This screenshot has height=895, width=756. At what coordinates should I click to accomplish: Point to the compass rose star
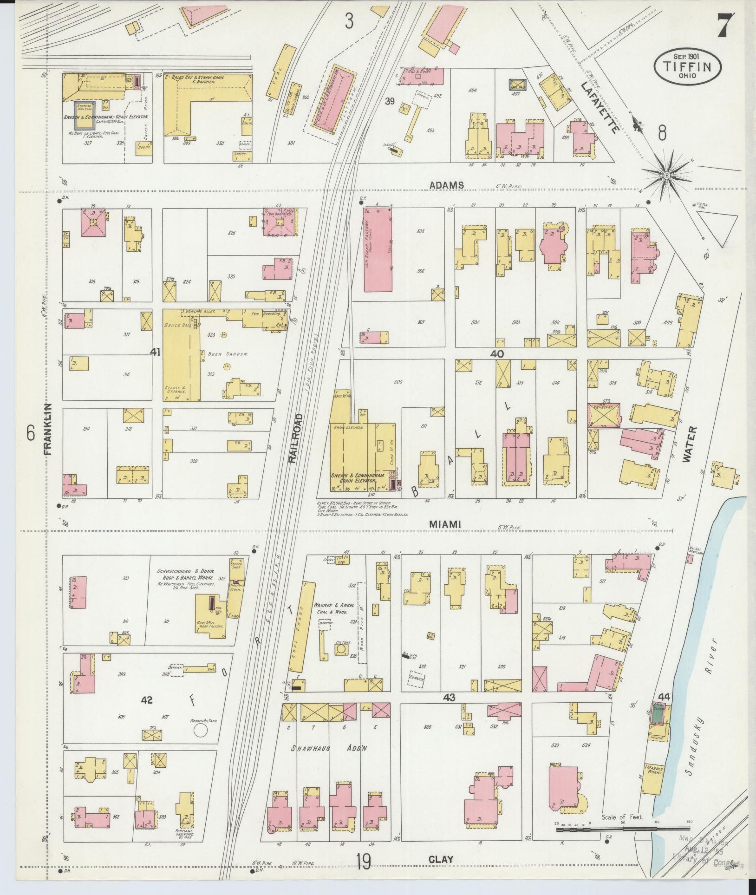tap(666, 175)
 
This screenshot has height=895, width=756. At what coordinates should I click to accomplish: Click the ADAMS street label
tap(446, 185)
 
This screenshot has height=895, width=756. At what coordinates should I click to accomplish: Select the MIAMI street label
tap(444, 524)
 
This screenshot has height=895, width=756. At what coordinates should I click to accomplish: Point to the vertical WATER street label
tap(690, 444)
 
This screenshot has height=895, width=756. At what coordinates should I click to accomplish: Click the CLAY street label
tap(441, 860)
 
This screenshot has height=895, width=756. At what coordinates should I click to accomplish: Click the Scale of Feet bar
tap(622, 828)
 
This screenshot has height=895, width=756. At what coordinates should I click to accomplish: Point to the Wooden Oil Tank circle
tap(201, 744)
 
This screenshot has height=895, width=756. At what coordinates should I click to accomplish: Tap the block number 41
tap(155, 352)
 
